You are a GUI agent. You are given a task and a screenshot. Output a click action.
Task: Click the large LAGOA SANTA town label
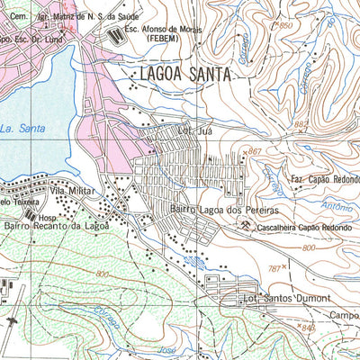[185, 76]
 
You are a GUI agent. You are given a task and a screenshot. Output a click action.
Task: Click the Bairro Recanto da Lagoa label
[56, 225]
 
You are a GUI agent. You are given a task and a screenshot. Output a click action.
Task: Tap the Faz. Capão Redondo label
[324, 178]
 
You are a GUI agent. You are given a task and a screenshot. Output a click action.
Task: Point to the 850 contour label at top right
[287, 26]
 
